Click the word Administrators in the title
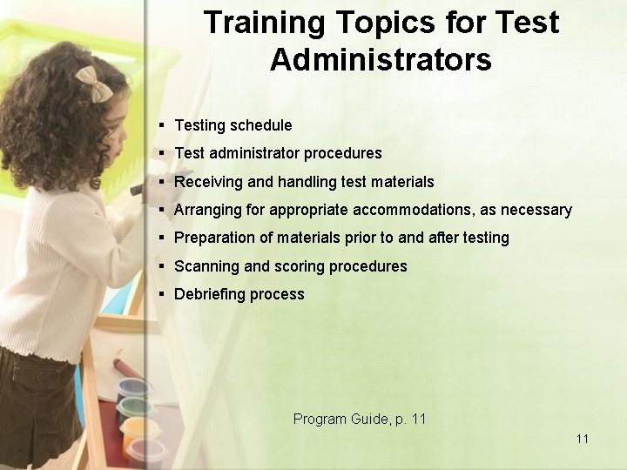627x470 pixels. (381, 60)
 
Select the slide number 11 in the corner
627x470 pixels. (583, 439)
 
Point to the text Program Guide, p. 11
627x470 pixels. (360, 419)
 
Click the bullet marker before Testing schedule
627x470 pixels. (162, 125)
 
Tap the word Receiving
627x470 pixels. (209, 182)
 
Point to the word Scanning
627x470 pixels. (208, 266)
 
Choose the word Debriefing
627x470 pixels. (210, 294)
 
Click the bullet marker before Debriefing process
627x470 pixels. (162, 294)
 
